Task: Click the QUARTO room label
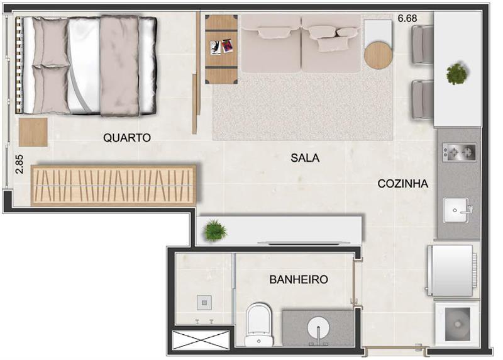pos(127,138)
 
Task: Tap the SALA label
pos(305,158)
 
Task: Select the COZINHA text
pos(403,184)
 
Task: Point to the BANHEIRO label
pos(299,279)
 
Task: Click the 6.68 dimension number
pos(407,18)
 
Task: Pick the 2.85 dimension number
pos(19,164)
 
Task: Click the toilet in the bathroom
pos(259,324)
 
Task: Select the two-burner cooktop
pos(460,152)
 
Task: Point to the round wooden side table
pos(379,55)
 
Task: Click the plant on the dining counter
pos(457,74)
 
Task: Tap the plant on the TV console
pos(215,230)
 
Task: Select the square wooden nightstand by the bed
pos(33,132)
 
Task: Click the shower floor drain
pos(204,303)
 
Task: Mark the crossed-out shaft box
pos(201,340)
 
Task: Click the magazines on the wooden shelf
pos(221,47)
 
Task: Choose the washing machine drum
pos(458,324)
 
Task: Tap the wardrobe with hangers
pos(114,186)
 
